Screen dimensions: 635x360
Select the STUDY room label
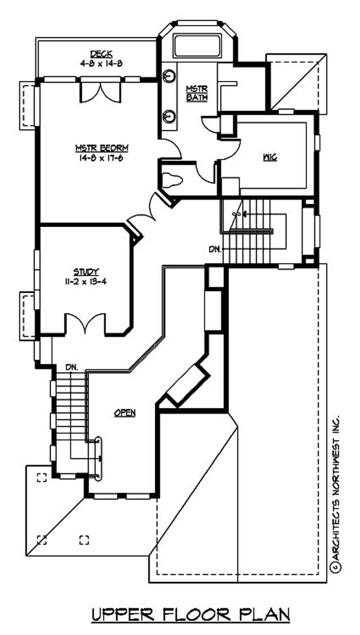click(86, 272)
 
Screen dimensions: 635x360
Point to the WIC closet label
click(270, 157)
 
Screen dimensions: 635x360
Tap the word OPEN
click(125, 412)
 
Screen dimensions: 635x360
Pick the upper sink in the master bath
click(169, 76)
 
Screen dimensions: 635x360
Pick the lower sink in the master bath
click(169, 116)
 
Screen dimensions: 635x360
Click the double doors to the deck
click(100, 91)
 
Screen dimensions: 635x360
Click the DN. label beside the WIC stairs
click(215, 248)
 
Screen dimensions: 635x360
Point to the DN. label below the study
click(71, 367)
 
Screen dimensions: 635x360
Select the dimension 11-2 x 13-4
click(86, 282)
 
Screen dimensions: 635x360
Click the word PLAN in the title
click(264, 614)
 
